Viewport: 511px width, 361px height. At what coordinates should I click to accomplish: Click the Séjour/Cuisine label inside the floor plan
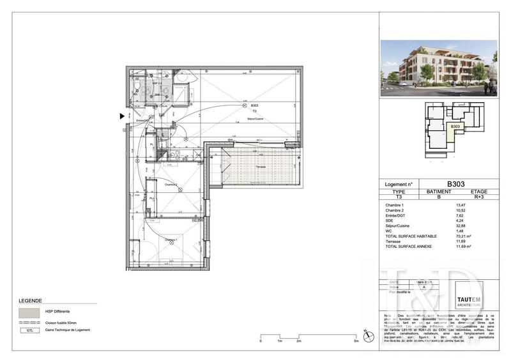[x=256, y=119]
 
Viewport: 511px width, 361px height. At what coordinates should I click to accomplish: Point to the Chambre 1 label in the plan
[x=171, y=240]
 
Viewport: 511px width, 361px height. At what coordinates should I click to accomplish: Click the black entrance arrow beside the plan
[x=122, y=116]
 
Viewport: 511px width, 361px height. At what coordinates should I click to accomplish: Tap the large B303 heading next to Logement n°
[x=455, y=183]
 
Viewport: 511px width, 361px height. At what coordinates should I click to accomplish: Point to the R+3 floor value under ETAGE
[x=479, y=197]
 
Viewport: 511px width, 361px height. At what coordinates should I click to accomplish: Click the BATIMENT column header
[x=439, y=192]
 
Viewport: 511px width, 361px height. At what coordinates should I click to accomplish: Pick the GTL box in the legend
[x=28, y=330]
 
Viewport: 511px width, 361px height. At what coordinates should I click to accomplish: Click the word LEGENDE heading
[x=31, y=300]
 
